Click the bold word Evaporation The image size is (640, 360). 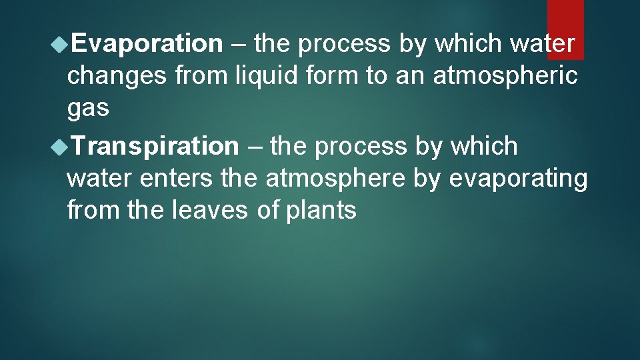point(147,44)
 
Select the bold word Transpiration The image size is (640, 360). point(155,146)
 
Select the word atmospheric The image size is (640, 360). point(505,76)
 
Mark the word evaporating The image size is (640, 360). point(519,179)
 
